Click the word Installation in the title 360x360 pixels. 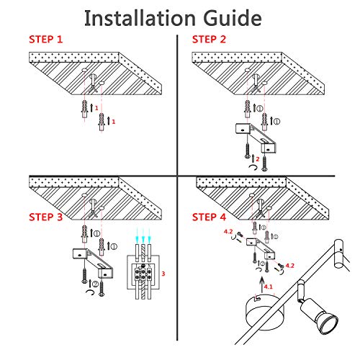click(x=140, y=18)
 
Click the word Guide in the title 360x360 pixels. click(x=233, y=18)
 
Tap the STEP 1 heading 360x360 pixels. click(x=46, y=40)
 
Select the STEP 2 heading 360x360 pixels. click(x=209, y=40)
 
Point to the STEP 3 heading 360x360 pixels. click(x=46, y=217)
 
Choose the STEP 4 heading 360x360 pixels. click(x=209, y=217)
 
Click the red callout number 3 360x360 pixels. click(x=163, y=274)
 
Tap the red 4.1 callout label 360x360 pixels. click(x=269, y=287)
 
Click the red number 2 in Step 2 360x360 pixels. click(x=258, y=159)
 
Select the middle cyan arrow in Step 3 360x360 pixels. click(x=143, y=236)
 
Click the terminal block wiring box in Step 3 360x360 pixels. click(x=143, y=272)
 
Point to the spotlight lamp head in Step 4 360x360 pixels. click(x=319, y=315)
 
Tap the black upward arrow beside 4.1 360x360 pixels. click(x=262, y=285)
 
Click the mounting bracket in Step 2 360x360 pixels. click(x=256, y=138)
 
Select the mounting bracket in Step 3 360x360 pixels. click(x=93, y=264)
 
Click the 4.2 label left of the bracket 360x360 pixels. click(x=228, y=232)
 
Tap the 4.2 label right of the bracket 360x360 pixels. click(x=289, y=266)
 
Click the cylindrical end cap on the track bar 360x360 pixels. click(x=338, y=253)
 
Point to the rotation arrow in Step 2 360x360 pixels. click(x=253, y=168)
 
